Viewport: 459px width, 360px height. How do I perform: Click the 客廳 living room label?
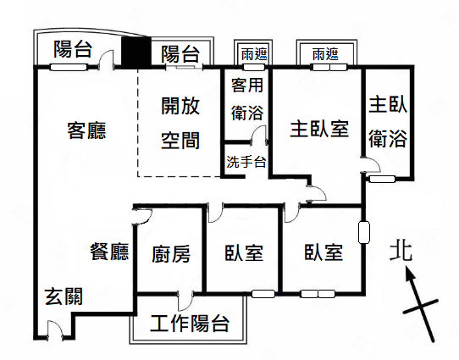pos(86,130)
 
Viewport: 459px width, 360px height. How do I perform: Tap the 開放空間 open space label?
pos(180,123)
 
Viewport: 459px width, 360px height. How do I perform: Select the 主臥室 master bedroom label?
pos(319,129)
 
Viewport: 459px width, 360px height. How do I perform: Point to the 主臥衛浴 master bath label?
pos(388,122)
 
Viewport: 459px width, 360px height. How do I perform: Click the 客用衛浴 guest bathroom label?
pos(247,99)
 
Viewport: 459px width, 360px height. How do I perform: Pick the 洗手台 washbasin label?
pos(246,162)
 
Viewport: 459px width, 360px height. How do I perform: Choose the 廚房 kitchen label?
pos(171,254)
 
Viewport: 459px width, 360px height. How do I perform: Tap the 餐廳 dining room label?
pos(109,252)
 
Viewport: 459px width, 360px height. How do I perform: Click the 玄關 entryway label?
pos(64,296)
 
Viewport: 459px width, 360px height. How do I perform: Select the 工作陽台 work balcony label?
pos(190,324)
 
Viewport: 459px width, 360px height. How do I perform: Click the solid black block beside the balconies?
pos(136,51)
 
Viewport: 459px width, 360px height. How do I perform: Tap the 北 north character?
pos(401,250)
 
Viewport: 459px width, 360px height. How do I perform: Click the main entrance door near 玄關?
pos(55,330)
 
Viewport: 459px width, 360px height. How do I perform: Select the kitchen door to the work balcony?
pos(185,301)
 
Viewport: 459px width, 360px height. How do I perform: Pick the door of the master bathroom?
pos(371,165)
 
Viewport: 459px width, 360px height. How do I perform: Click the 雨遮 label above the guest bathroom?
pos(254,54)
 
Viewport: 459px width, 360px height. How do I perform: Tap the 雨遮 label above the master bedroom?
pos(325,54)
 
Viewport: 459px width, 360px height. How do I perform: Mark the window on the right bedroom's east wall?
pos(364,232)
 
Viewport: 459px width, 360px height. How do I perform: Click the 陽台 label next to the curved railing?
pos(73,49)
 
